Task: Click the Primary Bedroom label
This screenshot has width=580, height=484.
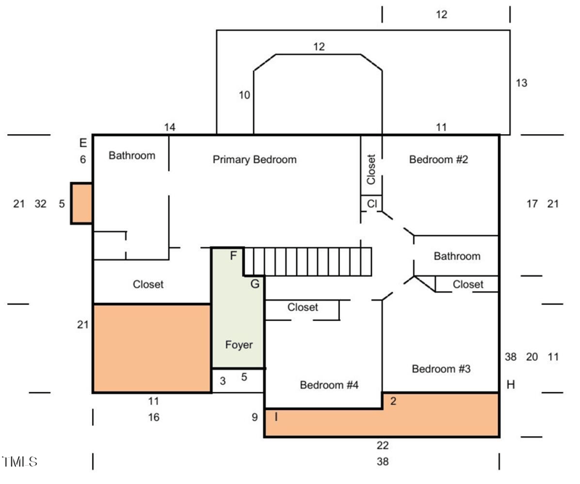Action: (x=254, y=159)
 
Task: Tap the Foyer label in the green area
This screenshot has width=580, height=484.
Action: (x=239, y=345)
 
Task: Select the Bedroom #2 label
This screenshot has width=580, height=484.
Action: (x=439, y=159)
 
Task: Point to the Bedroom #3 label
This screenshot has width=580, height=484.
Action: (x=442, y=369)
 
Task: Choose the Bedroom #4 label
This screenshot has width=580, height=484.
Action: (x=329, y=385)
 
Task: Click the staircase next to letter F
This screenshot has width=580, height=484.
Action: (x=307, y=261)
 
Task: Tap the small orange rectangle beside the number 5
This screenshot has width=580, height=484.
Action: (x=80, y=203)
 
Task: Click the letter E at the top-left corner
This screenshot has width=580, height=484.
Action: (x=83, y=143)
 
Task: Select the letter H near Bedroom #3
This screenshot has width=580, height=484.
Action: (x=510, y=385)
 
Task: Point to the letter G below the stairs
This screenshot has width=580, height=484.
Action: (x=254, y=284)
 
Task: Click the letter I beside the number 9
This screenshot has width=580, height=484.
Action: (x=275, y=417)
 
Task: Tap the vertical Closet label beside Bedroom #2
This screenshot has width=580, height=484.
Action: (x=371, y=169)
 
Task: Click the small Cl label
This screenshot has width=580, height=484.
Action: (x=371, y=204)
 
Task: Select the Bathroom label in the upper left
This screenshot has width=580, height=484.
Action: (x=132, y=155)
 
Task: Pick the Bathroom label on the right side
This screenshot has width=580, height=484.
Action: (x=457, y=256)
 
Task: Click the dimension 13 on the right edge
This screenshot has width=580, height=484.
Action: (x=521, y=83)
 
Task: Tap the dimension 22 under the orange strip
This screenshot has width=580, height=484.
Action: (x=382, y=445)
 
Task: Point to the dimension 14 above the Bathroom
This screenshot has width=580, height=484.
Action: (x=170, y=128)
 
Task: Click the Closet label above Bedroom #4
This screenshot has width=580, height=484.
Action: (x=302, y=307)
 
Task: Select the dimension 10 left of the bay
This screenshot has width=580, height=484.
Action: (x=244, y=95)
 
